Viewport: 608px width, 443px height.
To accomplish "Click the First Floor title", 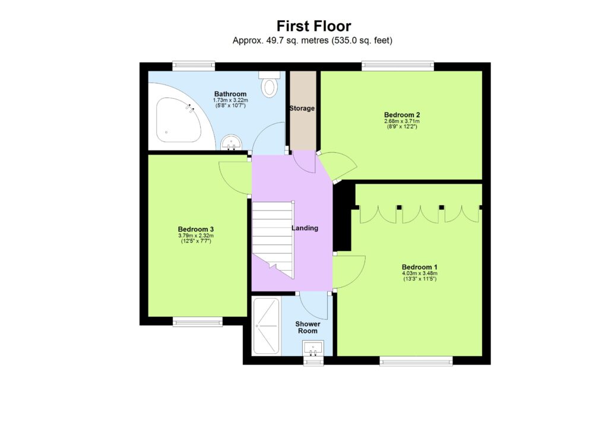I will click(313, 26).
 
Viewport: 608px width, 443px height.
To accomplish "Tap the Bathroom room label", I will click(230, 94).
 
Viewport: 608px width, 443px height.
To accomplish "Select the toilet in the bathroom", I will click(270, 86).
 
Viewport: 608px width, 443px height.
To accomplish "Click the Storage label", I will click(302, 108).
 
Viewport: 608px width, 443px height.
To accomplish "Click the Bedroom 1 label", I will click(419, 267).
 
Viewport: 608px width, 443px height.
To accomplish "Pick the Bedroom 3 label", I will click(196, 230).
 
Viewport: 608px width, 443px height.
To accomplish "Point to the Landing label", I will click(305, 228).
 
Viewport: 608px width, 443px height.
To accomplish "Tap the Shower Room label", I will click(308, 327).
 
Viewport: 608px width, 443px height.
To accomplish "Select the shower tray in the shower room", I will click(265, 326).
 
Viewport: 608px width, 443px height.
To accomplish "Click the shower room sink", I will click(312, 347).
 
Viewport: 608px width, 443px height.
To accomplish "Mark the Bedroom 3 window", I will click(198, 322).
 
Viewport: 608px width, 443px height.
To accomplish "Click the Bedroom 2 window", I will click(398, 66).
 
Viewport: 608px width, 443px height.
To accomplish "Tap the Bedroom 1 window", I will click(416, 360).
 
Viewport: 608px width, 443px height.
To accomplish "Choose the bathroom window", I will click(194, 66).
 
